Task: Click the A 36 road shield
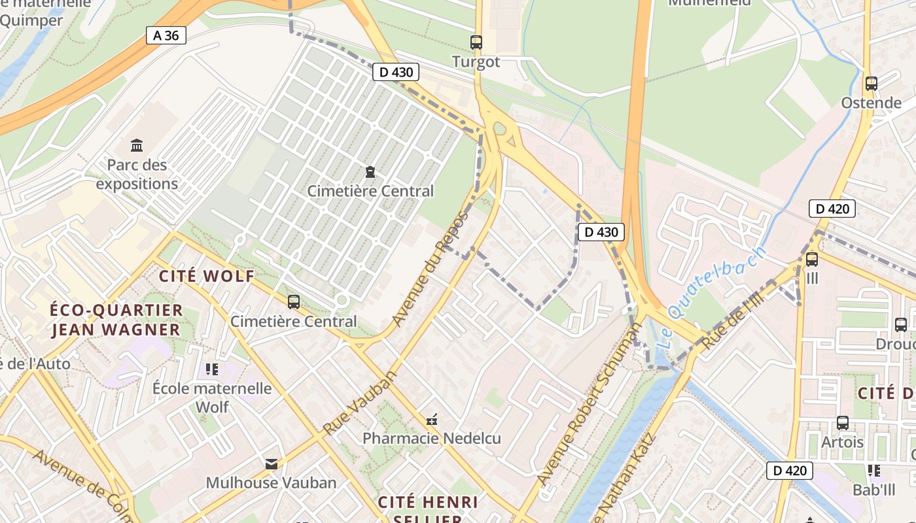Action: (166, 35)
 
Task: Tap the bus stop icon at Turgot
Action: (476, 42)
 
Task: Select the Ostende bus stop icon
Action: (871, 84)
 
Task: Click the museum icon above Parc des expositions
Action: (137, 144)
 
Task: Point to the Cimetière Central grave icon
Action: (370, 172)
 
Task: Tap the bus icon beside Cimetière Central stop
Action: (294, 302)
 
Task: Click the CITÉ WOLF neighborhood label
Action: (207, 276)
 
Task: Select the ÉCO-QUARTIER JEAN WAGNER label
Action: (116, 320)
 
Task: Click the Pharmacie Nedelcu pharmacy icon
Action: (432, 419)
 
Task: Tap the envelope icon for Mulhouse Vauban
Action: (271, 464)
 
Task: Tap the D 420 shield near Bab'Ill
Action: (789, 470)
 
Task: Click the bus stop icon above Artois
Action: (843, 423)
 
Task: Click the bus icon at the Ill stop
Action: (812, 259)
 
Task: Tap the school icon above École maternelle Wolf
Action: (212, 370)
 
